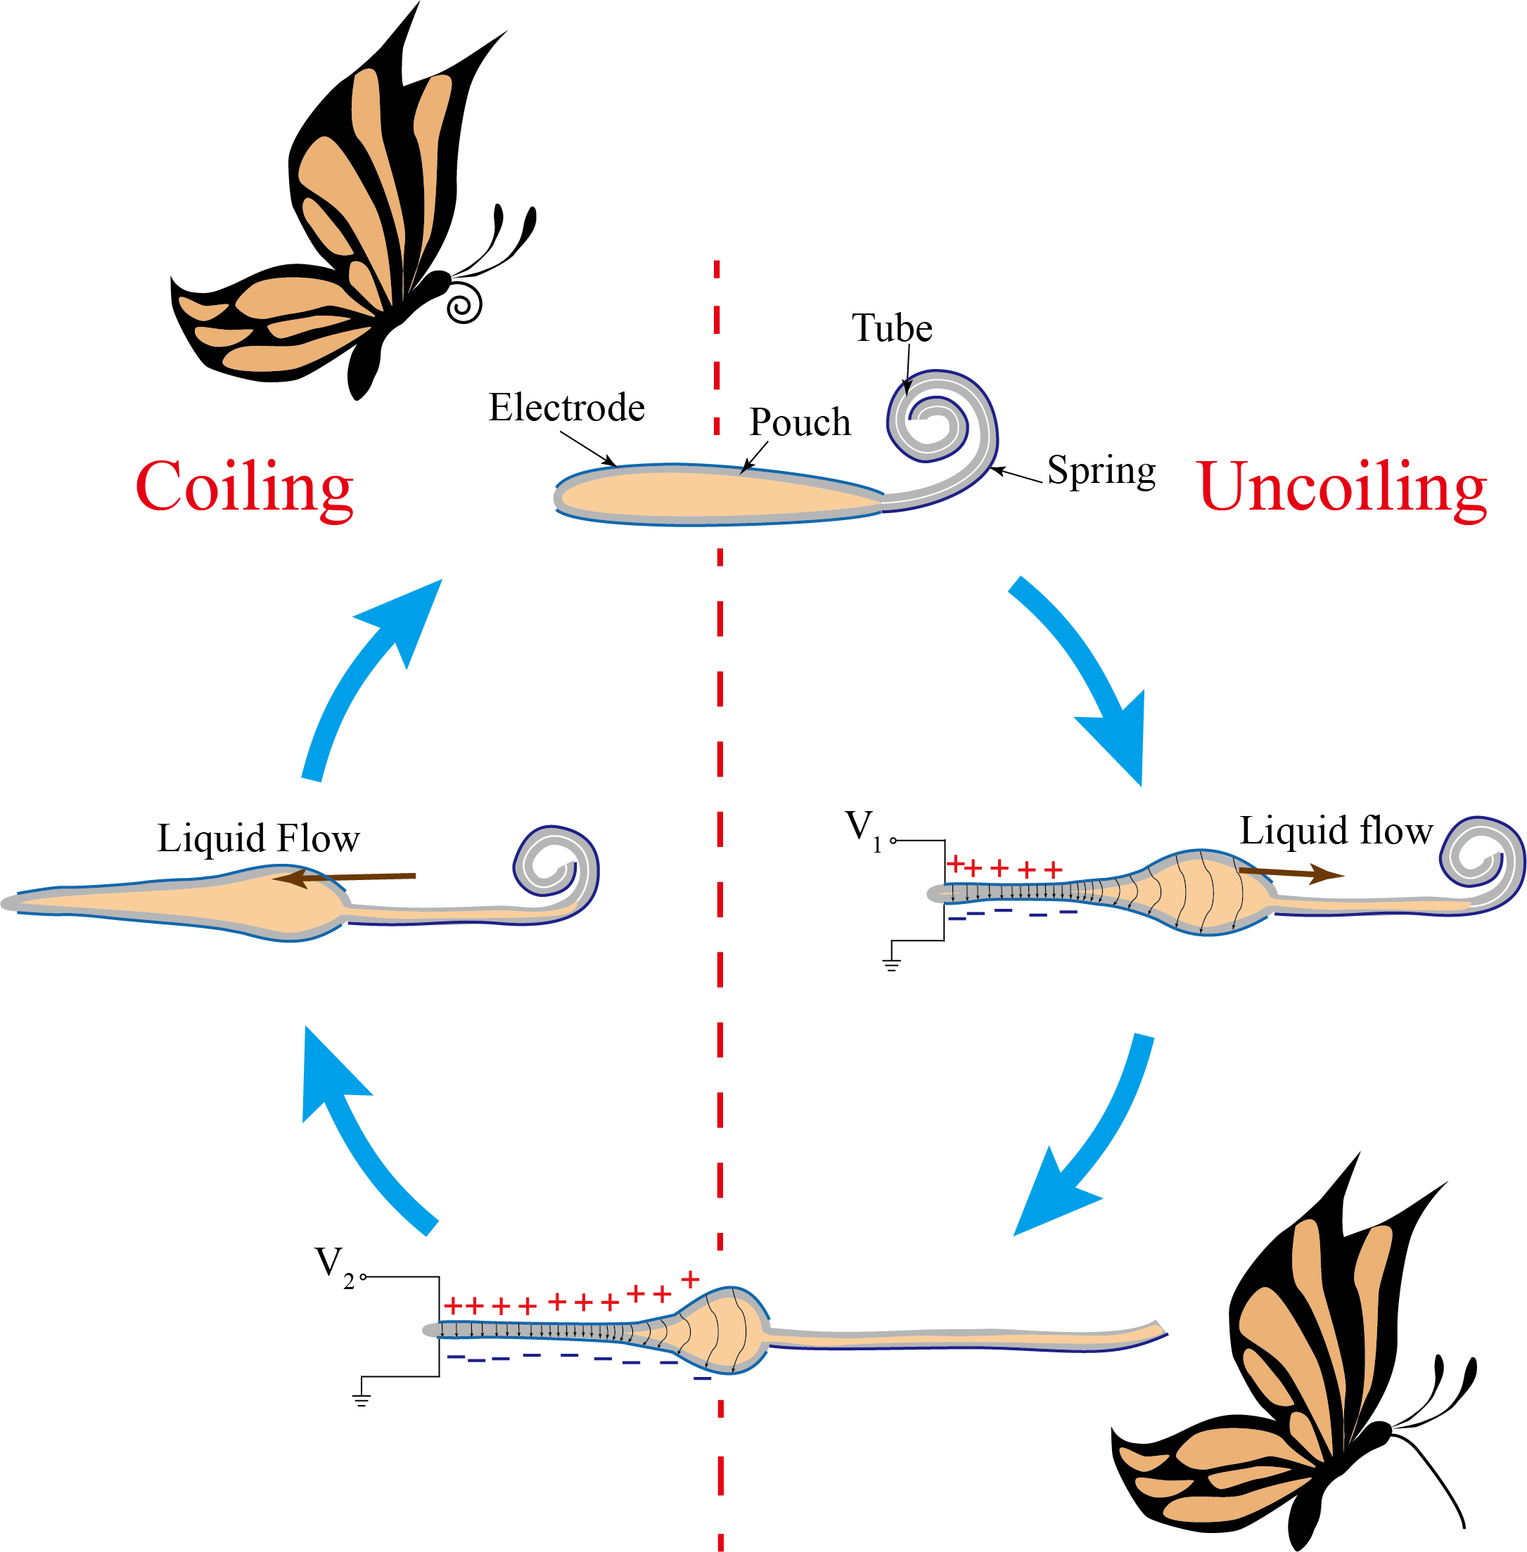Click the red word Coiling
(x=244, y=487)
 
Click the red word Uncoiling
(x=1342, y=487)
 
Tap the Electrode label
(x=566, y=408)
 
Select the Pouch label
(x=800, y=422)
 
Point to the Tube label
(x=892, y=329)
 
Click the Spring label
(x=1101, y=470)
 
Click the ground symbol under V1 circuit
(x=892, y=964)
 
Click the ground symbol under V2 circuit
(x=362, y=1399)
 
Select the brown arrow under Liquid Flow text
(x=345, y=878)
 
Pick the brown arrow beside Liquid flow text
(x=1289, y=873)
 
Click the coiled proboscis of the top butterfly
(x=464, y=304)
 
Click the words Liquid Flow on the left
(x=258, y=839)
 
